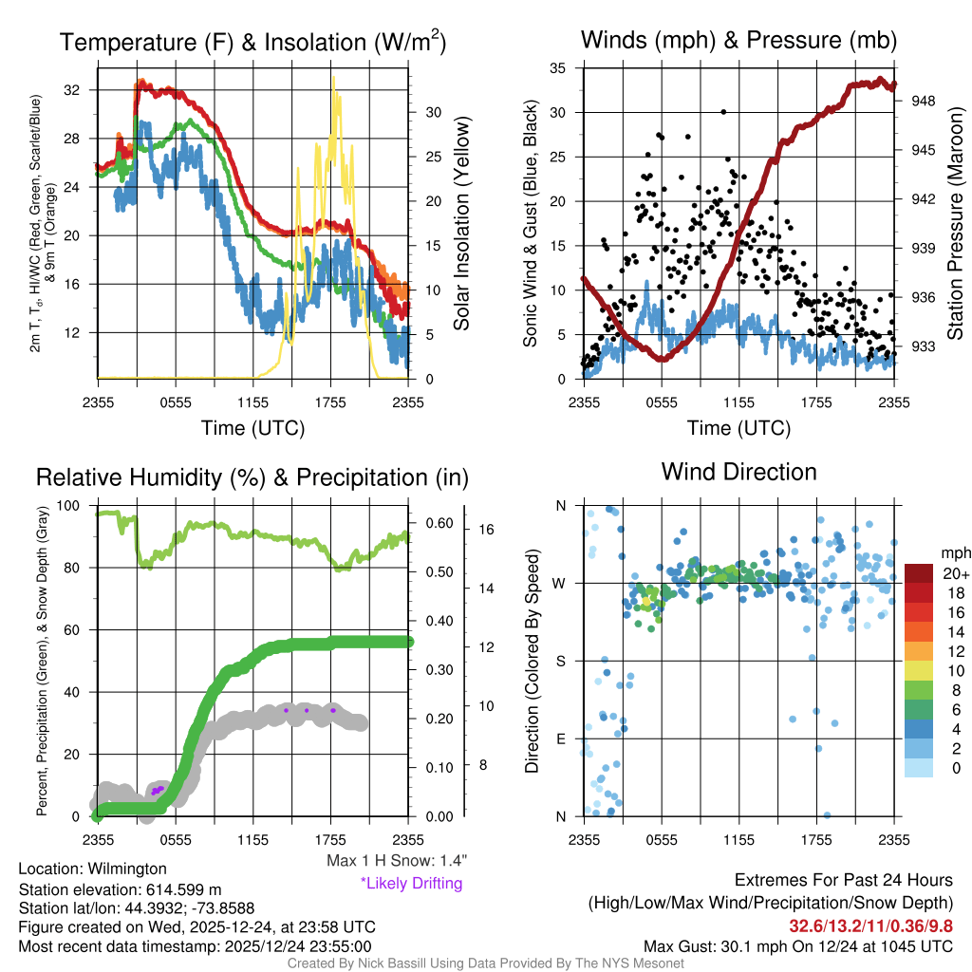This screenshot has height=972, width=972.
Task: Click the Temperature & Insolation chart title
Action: tap(252, 42)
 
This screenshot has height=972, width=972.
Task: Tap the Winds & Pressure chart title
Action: tap(738, 40)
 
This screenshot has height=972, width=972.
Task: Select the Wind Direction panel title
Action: tap(738, 472)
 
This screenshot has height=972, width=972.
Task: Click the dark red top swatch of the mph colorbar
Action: tap(920, 573)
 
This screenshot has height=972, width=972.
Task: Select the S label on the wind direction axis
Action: tap(560, 661)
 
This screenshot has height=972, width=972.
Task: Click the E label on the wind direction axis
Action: tap(560, 738)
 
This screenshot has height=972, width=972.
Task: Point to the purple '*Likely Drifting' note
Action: tap(411, 883)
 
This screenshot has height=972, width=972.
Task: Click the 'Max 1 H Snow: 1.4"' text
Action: tap(396, 861)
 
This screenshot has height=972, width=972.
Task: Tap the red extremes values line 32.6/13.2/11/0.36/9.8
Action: tap(870, 925)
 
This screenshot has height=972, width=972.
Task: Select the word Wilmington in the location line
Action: tap(127, 869)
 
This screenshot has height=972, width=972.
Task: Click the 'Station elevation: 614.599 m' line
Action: tap(120, 889)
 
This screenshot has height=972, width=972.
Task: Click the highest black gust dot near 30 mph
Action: tap(723, 112)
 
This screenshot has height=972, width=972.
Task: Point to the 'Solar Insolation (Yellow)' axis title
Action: tap(462, 224)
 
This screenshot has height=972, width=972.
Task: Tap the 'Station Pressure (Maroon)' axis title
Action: tap(955, 224)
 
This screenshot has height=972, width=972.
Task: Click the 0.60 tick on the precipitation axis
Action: tap(438, 523)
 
